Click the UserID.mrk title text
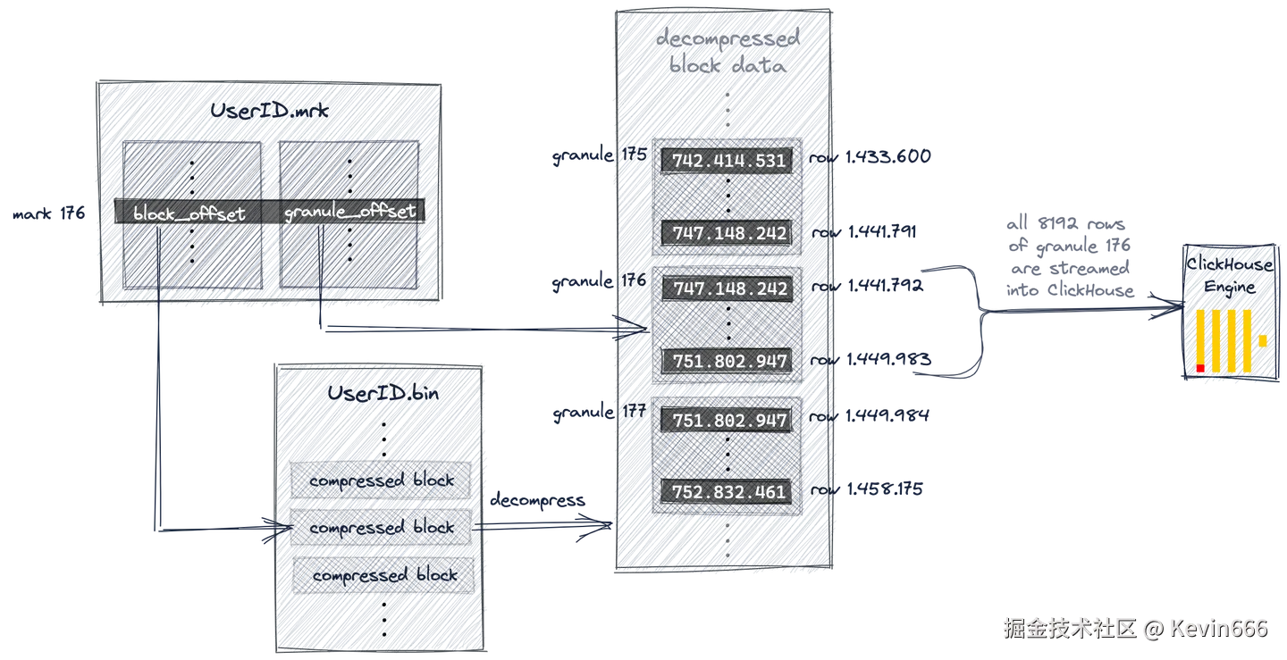tap(268, 112)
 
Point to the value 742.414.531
tap(726, 162)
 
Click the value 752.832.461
tap(726, 492)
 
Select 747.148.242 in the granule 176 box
tap(726, 289)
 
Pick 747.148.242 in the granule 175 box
tap(726, 234)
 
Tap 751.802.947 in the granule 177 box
tap(726, 421)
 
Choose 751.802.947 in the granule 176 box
tap(726, 362)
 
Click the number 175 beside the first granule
tap(634, 154)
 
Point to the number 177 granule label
tap(634, 413)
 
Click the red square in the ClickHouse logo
tap(1200, 368)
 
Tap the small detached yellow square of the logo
tap(1263, 340)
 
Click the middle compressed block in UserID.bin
tap(382, 528)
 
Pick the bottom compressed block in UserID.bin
tap(382, 576)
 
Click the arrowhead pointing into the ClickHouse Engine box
tap(1167, 304)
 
